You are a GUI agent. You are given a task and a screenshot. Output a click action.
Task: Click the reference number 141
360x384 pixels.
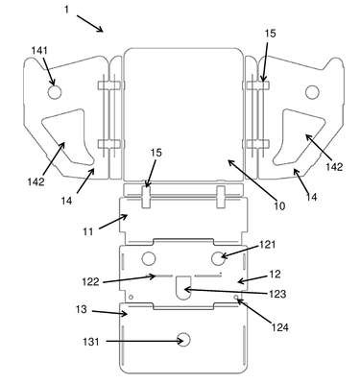coord(39,51)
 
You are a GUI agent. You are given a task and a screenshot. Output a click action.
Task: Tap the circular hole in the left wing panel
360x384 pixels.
coord(55,92)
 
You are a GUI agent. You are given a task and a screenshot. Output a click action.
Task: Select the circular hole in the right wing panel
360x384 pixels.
coord(312,92)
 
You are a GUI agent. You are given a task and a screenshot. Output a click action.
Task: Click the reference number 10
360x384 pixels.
coord(279,206)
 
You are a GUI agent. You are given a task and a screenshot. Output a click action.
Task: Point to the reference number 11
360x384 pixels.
coord(88,231)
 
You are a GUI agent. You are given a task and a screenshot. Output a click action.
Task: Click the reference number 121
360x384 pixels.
coord(267,245)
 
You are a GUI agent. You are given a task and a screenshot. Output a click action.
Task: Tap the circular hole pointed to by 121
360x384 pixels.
coord(218,258)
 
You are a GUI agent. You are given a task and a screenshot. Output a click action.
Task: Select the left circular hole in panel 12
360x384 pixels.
coord(149,258)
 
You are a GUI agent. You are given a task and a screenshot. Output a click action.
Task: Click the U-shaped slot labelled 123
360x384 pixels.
coord(183,287)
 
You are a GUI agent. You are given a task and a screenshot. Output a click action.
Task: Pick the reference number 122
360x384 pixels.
coord(91,282)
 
